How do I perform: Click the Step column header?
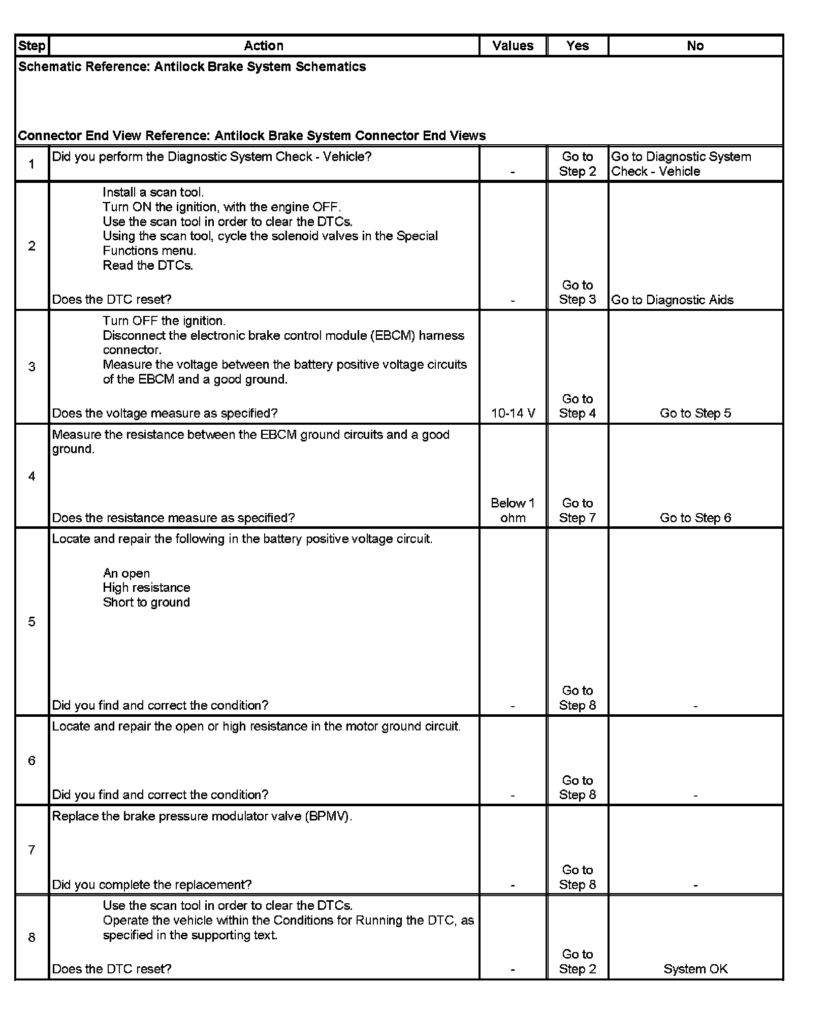coord(31,46)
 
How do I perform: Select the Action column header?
coord(263,46)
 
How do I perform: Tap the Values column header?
coord(513,46)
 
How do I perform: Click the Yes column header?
coord(577,46)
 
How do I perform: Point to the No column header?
coord(695,46)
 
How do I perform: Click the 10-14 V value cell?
coord(513,413)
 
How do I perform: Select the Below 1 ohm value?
coord(513,510)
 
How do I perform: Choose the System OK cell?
coord(695,969)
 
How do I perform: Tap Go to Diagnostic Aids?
coord(672,300)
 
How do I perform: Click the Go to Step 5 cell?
coord(695,413)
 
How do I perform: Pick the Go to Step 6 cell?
coord(695,518)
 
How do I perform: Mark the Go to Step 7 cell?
coord(577,510)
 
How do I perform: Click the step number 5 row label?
coord(31,622)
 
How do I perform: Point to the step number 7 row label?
coord(31,849)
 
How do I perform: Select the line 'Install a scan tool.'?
coord(153,192)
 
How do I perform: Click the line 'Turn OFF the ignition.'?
coord(164,321)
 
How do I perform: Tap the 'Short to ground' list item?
coord(146,602)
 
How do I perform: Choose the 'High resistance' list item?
coord(146,587)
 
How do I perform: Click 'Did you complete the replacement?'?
coord(152,884)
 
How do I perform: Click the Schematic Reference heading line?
coord(192,67)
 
